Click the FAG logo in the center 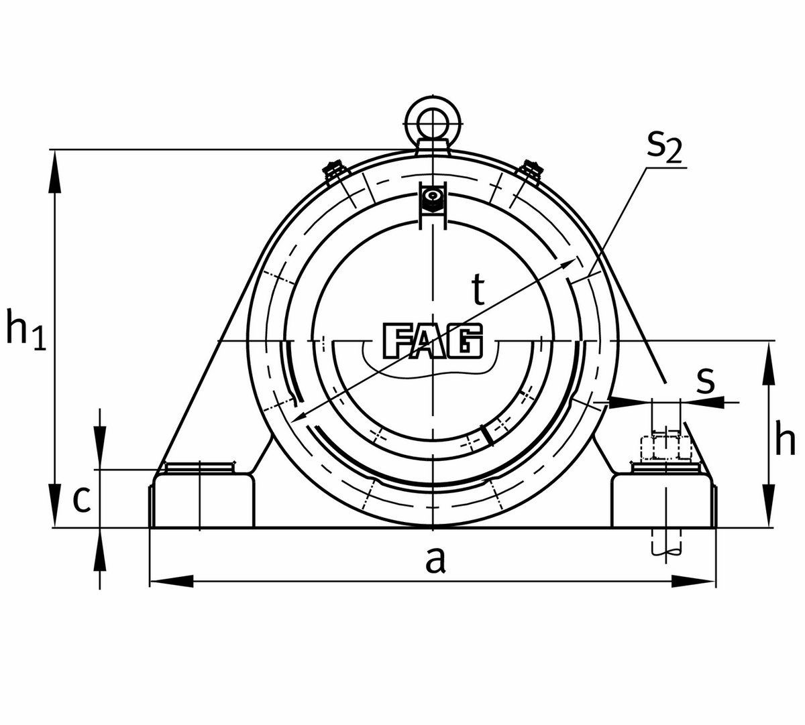(433, 341)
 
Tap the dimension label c (81, 499)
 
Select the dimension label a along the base (435, 559)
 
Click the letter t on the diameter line (477, 290)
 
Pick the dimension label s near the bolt (705, 380)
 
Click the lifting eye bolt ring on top (433, 123)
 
